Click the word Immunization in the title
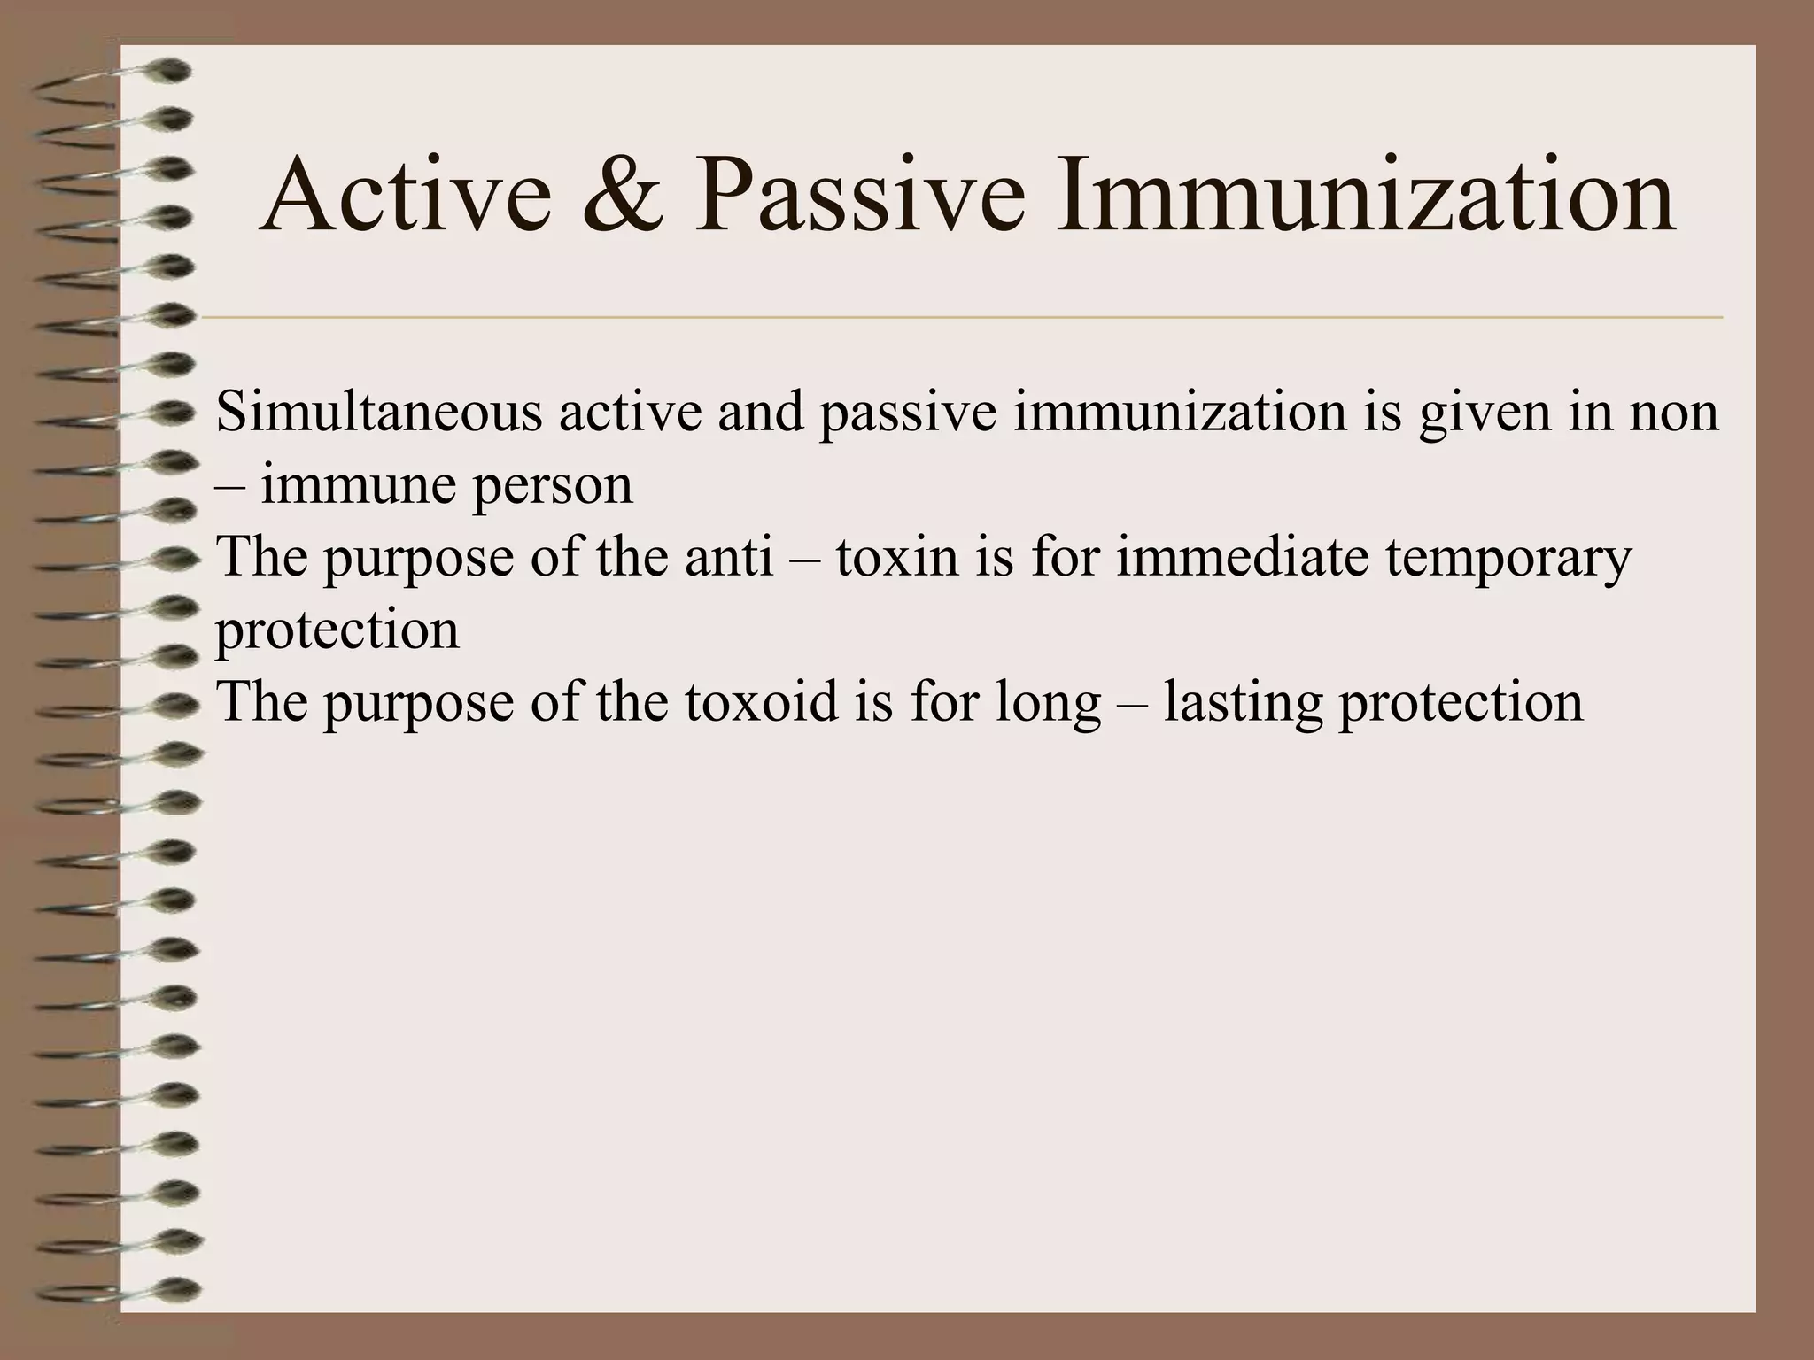click(x=1365, y=197)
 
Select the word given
click(x=1486, y=414)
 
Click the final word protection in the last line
click(x=1461, y=703)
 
